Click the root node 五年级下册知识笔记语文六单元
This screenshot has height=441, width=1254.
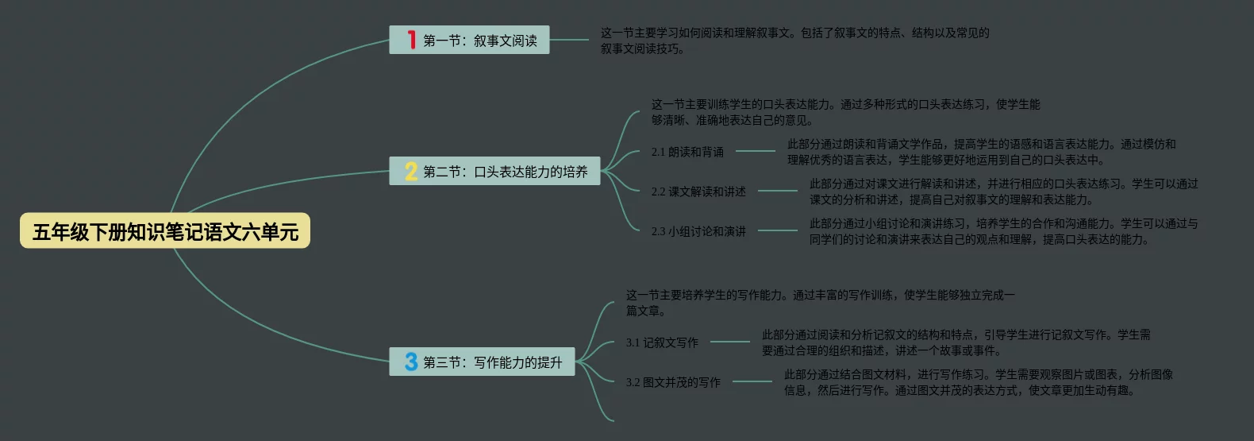165,231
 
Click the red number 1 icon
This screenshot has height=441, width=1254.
411,40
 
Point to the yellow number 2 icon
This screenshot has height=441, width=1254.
411,172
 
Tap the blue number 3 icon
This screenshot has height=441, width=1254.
411,362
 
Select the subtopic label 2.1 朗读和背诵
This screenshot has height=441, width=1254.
687,152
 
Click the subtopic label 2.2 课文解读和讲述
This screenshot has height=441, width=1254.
698,191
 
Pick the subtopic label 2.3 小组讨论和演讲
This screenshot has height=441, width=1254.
698,231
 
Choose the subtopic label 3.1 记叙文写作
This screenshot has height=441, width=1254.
662,342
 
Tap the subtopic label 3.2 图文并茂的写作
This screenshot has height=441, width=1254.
673,382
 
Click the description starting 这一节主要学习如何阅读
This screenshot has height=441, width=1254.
794,41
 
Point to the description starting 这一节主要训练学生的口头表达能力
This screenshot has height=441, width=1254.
845,112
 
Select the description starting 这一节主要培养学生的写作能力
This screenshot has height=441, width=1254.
820,303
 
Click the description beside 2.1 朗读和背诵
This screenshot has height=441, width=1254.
981,152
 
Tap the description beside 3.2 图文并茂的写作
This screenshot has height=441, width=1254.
978,382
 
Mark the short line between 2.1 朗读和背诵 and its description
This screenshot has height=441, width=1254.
755,151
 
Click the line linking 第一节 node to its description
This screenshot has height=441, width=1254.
569,40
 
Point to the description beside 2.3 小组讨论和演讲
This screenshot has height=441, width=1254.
1003,231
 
